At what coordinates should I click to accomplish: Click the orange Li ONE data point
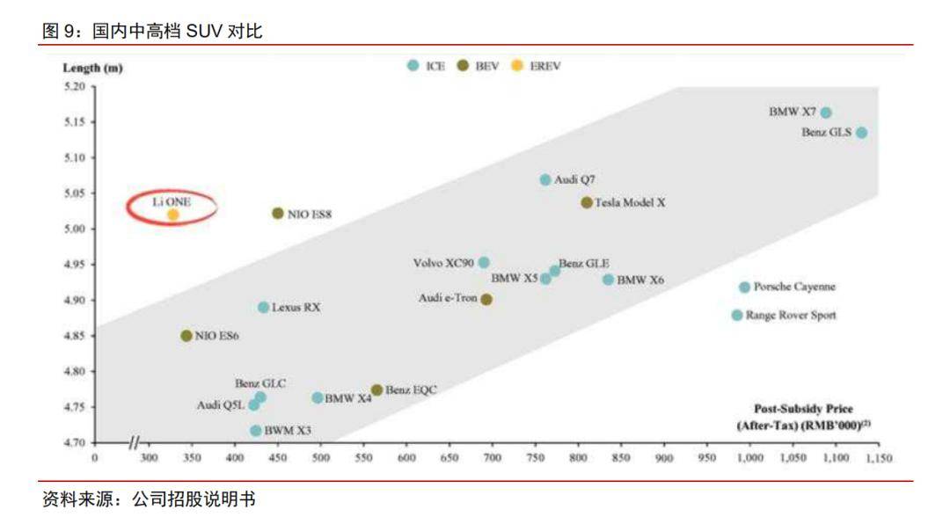173,215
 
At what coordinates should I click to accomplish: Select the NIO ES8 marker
278,213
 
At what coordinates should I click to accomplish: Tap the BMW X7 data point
826,113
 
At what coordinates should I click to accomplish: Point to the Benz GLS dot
862,133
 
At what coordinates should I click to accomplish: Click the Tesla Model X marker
587,202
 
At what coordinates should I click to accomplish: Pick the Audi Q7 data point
545,179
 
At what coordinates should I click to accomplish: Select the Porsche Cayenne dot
745,288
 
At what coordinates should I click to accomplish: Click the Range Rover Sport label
791,315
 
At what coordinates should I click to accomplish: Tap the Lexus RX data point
263,307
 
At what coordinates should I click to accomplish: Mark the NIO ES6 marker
186,336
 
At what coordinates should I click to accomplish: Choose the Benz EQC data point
376,390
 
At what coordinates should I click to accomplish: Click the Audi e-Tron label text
447,299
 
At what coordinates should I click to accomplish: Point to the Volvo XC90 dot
484,262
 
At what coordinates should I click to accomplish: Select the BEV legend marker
463,66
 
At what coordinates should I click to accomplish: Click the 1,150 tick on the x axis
880,458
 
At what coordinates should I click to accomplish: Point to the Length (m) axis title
92,68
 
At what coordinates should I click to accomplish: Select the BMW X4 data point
318,397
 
